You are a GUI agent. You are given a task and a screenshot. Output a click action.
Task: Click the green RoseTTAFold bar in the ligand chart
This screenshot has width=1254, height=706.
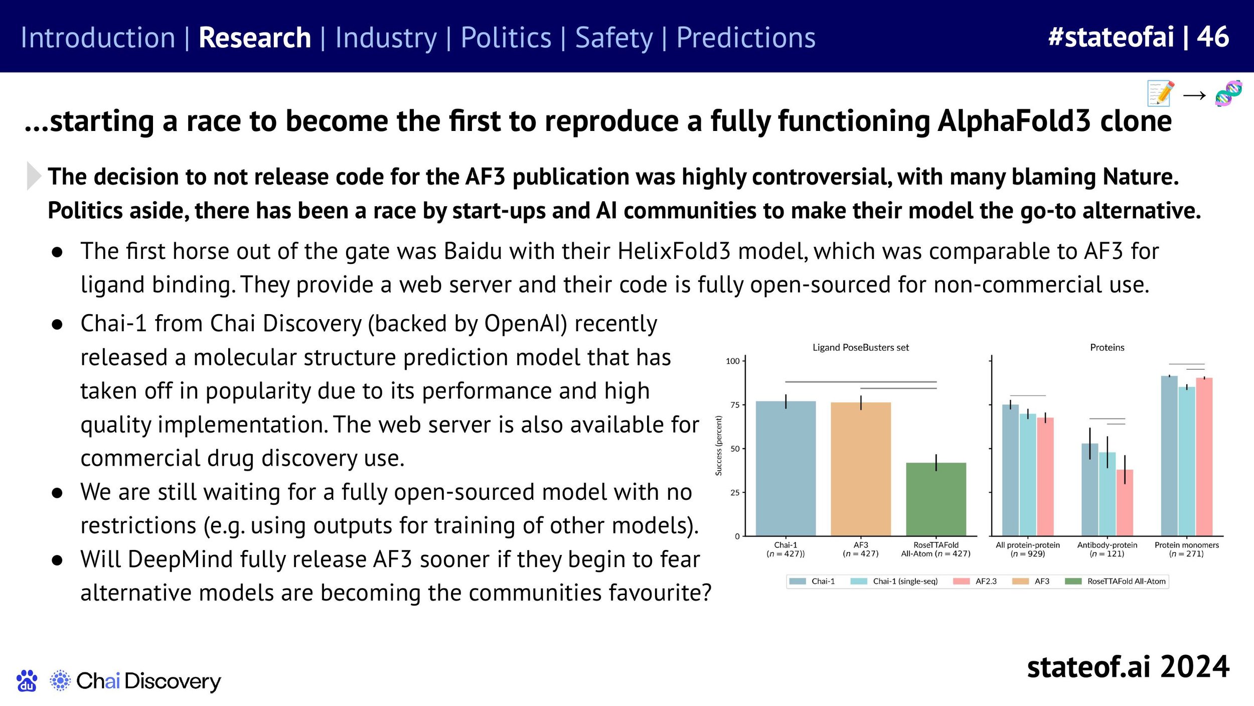click(935, 499)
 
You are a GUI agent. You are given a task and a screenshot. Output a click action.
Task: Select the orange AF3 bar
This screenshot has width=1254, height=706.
click(861, 469)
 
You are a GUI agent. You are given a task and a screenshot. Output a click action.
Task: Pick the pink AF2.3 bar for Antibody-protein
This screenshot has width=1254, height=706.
click(1125, 503)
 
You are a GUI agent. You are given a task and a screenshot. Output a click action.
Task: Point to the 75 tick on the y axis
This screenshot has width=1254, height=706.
click(735, 405)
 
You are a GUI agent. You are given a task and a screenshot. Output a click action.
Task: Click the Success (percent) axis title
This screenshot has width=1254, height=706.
click(718, 446)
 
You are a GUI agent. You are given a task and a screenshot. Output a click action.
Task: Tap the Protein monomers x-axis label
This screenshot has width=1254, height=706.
click(1186, 549)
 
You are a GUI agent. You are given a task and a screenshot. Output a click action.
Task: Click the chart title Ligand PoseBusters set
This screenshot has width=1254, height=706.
click(860, 347)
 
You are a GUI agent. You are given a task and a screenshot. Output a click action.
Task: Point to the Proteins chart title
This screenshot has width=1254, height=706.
click(1107, 347)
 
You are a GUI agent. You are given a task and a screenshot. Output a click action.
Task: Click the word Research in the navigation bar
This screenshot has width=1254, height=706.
click(255, 38)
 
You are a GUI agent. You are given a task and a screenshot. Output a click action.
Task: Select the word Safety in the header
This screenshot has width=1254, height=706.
click(614, 38)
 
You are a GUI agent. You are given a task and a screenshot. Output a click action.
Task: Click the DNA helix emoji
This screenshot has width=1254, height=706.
click(1228, 93)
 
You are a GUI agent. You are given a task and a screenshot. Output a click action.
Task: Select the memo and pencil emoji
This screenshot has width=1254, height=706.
click(1161, 93)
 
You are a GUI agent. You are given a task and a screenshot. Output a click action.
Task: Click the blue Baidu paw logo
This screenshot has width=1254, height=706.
click(27, 680)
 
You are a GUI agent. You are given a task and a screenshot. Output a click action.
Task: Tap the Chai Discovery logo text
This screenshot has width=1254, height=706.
click(148, 681)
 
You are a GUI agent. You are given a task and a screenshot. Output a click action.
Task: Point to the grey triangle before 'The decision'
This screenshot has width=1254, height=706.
click(33, 176)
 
